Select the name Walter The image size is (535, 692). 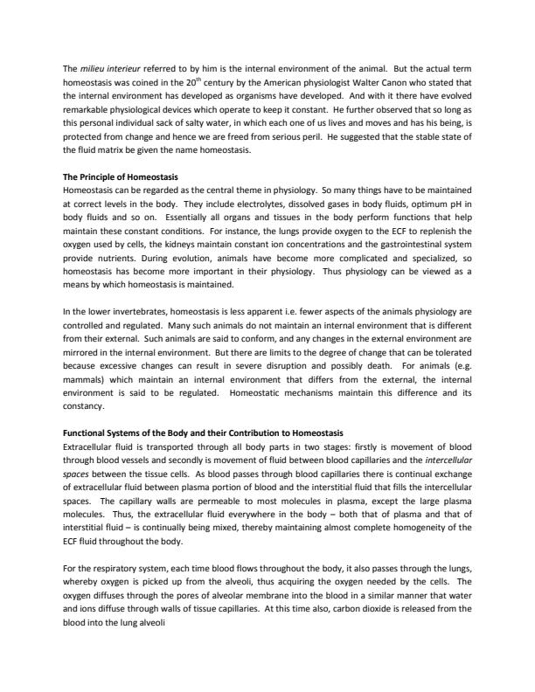click(x=401, y=81)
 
